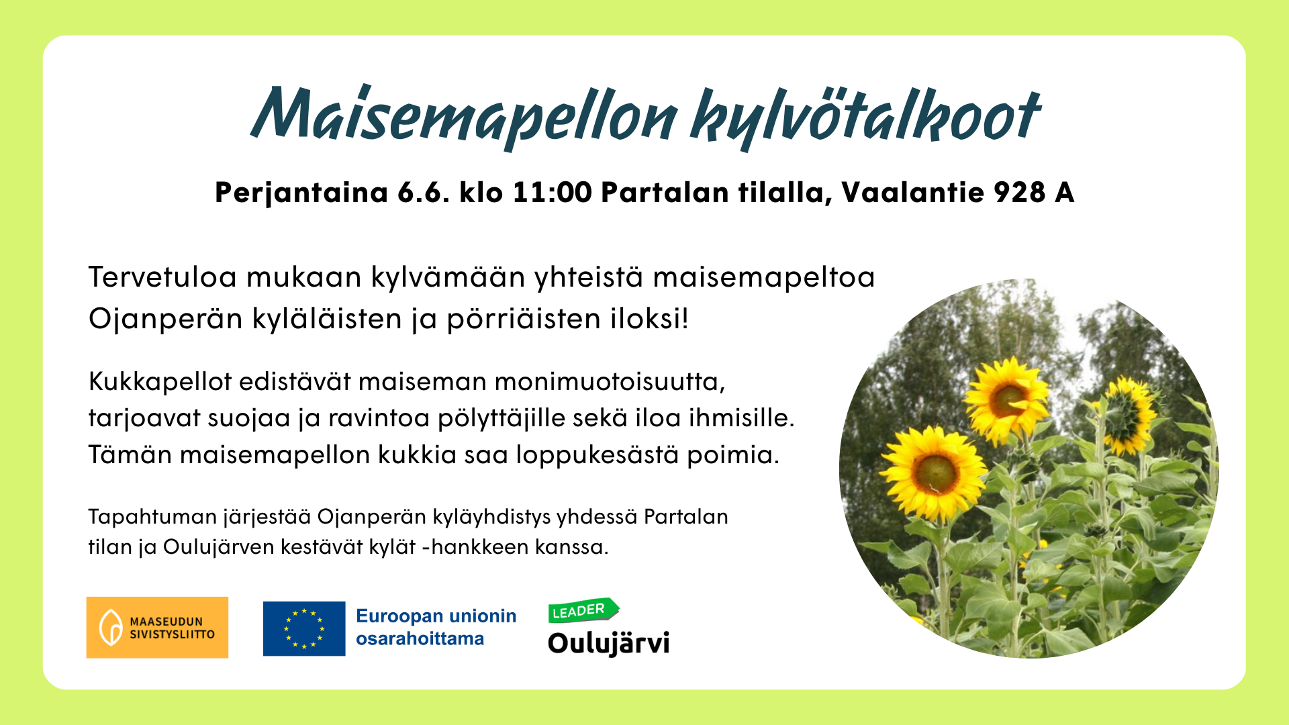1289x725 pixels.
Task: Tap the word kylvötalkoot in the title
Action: tap(866, 118)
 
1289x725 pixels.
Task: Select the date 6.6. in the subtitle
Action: tap(424, 193)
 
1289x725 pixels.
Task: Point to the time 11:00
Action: tap(552, 193)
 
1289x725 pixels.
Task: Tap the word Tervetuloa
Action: tap(162, 277)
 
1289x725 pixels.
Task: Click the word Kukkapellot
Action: tap(160, 382)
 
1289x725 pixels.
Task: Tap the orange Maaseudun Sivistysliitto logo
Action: tap(157, 627)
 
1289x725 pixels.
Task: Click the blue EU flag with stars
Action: tap(304, 628)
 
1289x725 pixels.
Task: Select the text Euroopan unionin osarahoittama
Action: tap(436, 627)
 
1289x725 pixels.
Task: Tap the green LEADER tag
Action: tap(583, 610)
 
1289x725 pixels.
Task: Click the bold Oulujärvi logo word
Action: tap(609, 643)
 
